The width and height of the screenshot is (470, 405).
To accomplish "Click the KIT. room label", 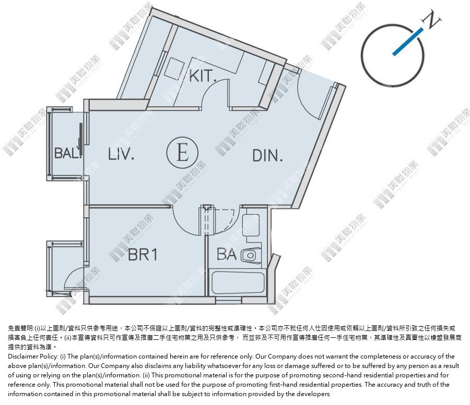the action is [x=203, y=76].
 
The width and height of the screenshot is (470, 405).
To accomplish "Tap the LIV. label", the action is [x=121, y=154].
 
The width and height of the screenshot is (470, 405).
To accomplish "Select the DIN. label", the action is [x=268, y=155].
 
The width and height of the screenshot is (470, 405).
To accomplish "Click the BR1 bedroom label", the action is [x=143, y=255].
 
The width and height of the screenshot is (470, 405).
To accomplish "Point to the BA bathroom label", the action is [x=227, y=254].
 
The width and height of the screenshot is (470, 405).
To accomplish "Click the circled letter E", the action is [x=182, y=152].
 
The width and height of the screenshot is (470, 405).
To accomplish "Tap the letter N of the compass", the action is [x=432, y=19].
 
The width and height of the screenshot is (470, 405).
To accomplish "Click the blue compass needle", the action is [x=408, y=42].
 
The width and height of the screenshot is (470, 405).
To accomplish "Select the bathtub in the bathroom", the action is [x=238, y=283].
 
